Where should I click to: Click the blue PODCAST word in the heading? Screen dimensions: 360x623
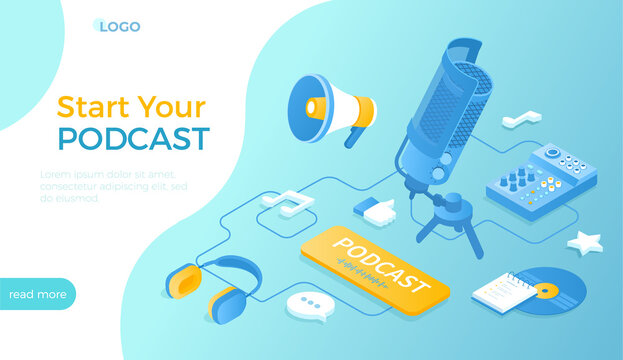[x=133, y=138]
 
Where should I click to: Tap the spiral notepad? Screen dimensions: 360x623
[x=504, y=292]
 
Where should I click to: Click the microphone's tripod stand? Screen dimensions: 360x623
[x=447, y=222]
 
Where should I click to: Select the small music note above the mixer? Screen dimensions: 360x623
[x=521, y=120]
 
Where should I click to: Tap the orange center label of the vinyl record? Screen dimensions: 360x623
[x=546, y=291]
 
